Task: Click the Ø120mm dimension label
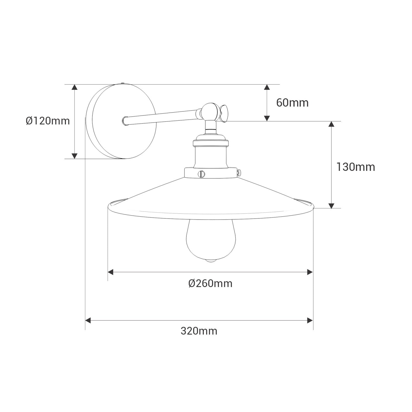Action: tap(48, 121)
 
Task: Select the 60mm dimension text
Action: tap(292, 103)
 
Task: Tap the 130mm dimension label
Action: tap(355, 167)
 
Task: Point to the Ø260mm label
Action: tap(210, 283)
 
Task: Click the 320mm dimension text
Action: tap(199, 331)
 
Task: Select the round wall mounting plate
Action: tap(124, 122)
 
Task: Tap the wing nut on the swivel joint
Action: tap(224, 113)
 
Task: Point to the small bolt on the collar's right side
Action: tap(239, 172)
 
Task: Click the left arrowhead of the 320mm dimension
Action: tap(88, 320)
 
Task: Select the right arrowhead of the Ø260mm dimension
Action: tap(310, 272)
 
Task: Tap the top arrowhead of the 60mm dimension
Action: tap(267, 87)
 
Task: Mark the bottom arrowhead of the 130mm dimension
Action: tap(332, 205)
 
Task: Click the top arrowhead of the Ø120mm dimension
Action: tap(74, 87)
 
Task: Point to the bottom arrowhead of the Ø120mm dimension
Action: tap(74, 156)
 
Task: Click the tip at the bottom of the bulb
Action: tap(211, 261)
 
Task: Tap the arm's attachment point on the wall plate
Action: tap(125, 121)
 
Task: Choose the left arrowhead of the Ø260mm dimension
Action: tap(110, 272)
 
